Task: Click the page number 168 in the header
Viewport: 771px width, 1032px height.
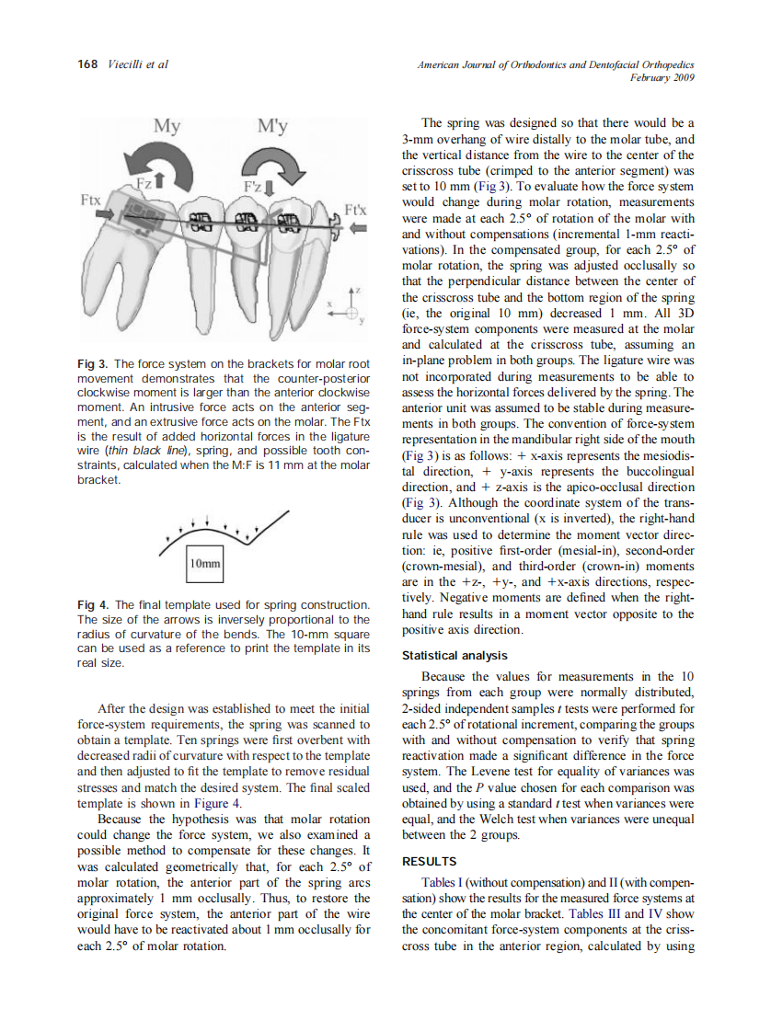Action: tap(87, 64)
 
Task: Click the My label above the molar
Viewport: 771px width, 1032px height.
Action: tap(167, 126)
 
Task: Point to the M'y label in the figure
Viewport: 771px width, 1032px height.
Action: tap(272, 126)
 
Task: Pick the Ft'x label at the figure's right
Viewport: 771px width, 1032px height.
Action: tap(356, 210)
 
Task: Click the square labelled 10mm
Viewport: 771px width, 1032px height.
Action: tap(204, 562)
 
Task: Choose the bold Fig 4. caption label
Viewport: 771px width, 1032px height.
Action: tap(94, 605)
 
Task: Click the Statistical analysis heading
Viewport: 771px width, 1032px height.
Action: tap(455, 656)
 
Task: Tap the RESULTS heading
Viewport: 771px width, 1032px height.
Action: tap(430, 862)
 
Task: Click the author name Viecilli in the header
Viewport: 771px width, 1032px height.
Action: tap(128, 64)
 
